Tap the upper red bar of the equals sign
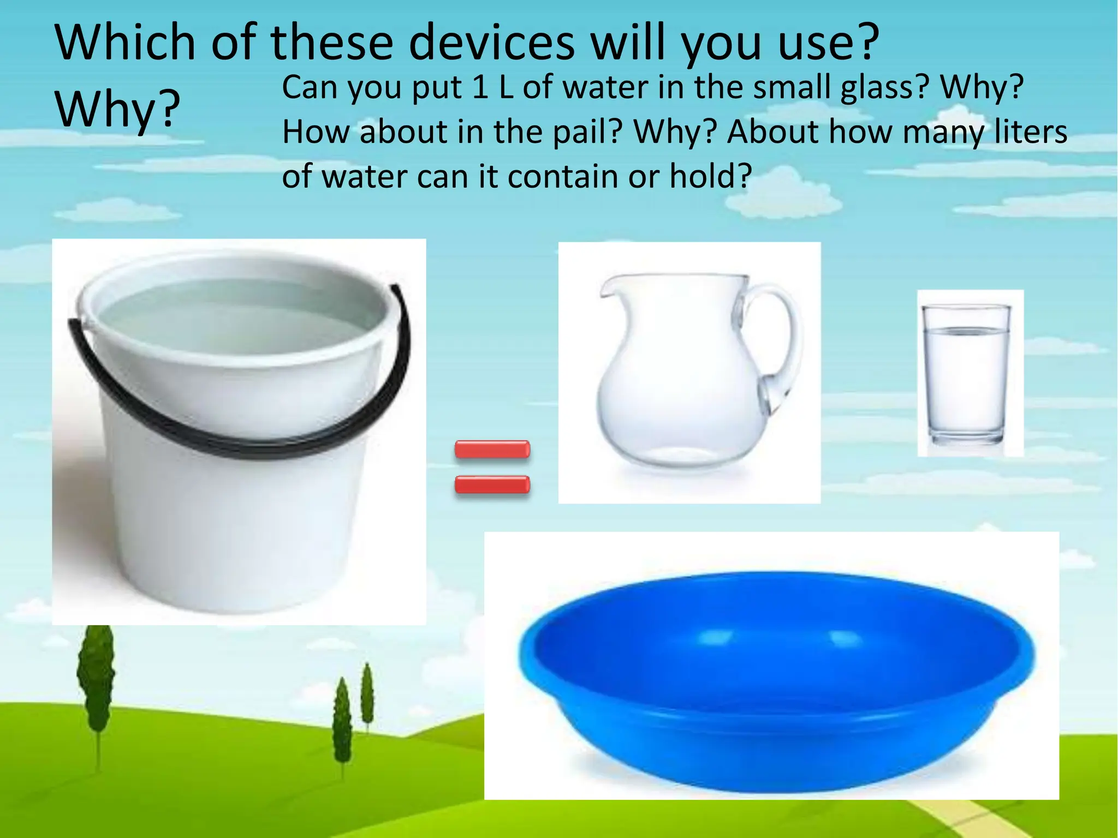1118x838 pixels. coord(492,450)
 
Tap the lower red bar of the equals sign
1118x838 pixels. coord(492,484)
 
